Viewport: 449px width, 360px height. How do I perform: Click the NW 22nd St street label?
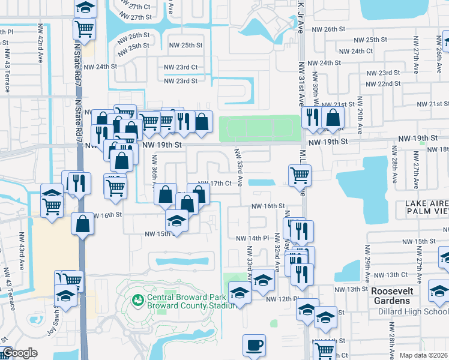tap(385, 84)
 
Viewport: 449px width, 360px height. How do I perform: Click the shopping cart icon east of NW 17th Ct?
tap(299, 175)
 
